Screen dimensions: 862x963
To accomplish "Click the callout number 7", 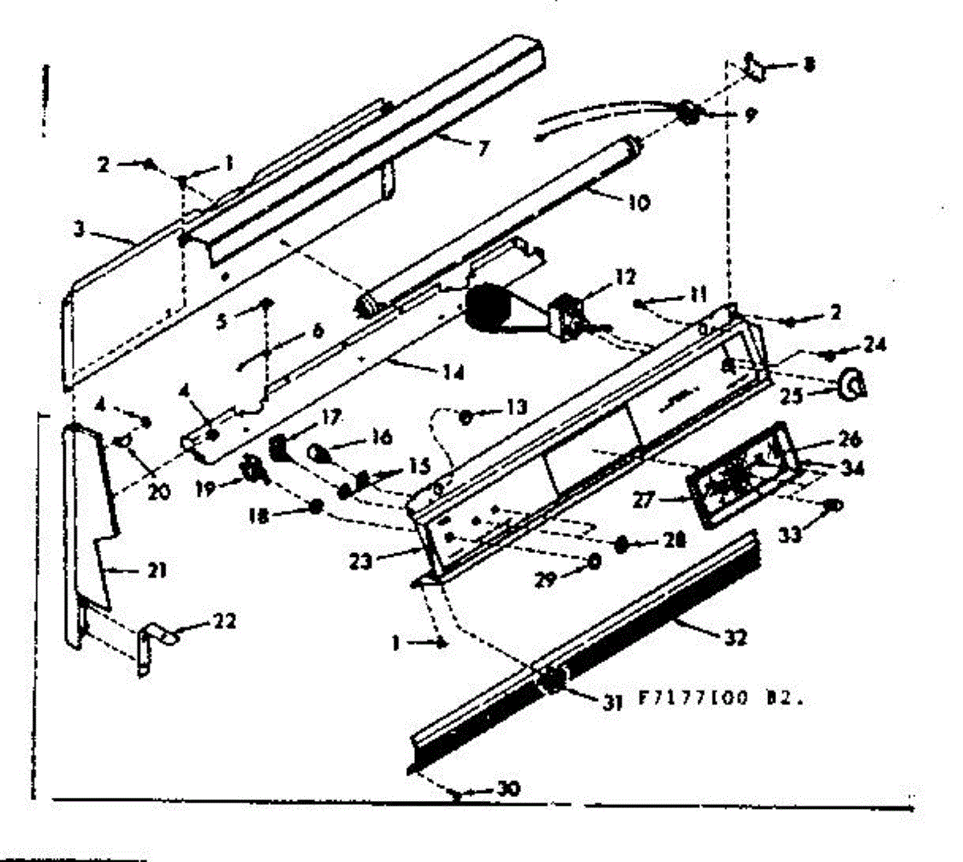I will pyautogui.click(x=481, y=148).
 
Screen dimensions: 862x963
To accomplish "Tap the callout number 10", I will pyautogui.click(x=639, y=202).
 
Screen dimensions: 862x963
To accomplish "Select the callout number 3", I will pyautogui.click(x=79, y=228).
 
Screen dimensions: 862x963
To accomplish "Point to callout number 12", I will pyautogui.click(x=626, y=278).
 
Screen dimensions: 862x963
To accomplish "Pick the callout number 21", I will pyautogui.click(x=156, y=571).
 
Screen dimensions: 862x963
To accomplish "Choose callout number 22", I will pyautogui.click(x=225, y=620).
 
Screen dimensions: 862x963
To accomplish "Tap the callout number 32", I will pyautogui.click(x=735, y=637).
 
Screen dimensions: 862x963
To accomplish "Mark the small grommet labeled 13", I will pyautogui.click(x=465, y=416).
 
